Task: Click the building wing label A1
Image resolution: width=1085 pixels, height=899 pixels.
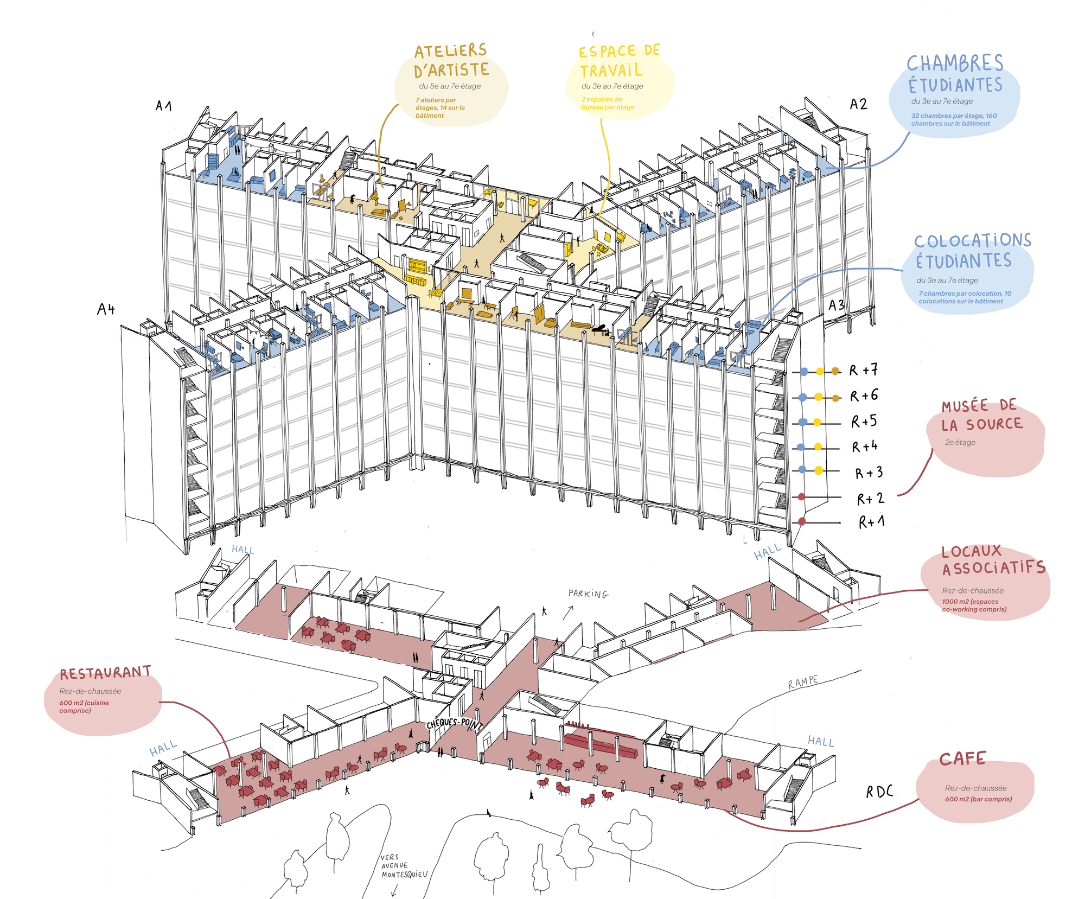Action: pos(163,105)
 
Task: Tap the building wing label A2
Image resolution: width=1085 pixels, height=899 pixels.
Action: pos(858,104)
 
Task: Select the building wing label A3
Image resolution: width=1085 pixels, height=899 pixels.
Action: pos(836,305)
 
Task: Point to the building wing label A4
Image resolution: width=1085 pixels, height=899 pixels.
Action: pos(106,309)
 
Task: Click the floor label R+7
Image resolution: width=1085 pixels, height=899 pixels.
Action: pos(864,371)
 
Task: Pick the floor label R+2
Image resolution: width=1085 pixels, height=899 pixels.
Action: pos(870,498)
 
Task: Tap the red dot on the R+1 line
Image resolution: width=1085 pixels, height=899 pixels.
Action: pos(802,522)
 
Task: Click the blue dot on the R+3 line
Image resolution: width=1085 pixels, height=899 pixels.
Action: pos(802,470)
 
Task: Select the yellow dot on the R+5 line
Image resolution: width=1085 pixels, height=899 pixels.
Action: pos(817,423)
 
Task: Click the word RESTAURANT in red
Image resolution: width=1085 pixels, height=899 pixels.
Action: pos(105,673)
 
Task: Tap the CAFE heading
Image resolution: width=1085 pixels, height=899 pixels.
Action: pos(962,758)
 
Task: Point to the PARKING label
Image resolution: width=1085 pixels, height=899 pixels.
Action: pos(588,594)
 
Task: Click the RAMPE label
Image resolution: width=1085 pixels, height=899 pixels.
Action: pos(803,682)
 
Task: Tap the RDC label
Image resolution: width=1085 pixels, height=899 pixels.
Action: pos(879,792)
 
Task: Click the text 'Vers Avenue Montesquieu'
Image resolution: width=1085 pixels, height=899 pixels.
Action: pos(404,866)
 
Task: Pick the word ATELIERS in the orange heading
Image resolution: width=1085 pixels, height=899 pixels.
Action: pos(450,51)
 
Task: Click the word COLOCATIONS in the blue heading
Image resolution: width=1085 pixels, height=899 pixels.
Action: pos(972,240)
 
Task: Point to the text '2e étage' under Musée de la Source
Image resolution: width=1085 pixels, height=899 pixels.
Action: pos(960,442)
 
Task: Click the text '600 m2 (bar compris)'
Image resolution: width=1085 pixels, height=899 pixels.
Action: pos(978,799)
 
